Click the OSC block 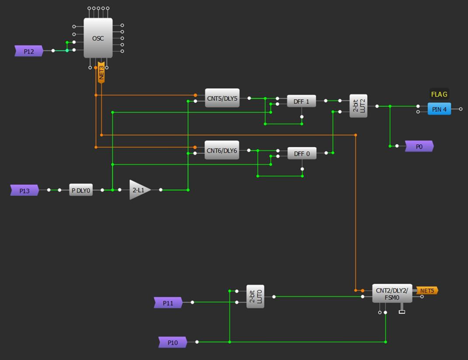coord(98,38)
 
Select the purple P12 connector coord(29,51)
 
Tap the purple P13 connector coord(25,190)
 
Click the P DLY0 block coord(80,190)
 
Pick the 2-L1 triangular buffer coord(139,190)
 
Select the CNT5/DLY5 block coord(222,97)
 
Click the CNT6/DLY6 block coord(222,150)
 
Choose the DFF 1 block coord(301,102)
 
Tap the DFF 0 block coord(301,154)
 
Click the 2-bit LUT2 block coord(359,106)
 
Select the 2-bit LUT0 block coord(255,296)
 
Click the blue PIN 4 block coord(439,109)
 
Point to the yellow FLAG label coord(439,94)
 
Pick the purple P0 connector coord(419,147)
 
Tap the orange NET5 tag coord(427,291)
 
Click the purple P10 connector coord(173,342)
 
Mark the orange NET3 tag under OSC coord(102,72)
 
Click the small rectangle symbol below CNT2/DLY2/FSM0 coord(402,313)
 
